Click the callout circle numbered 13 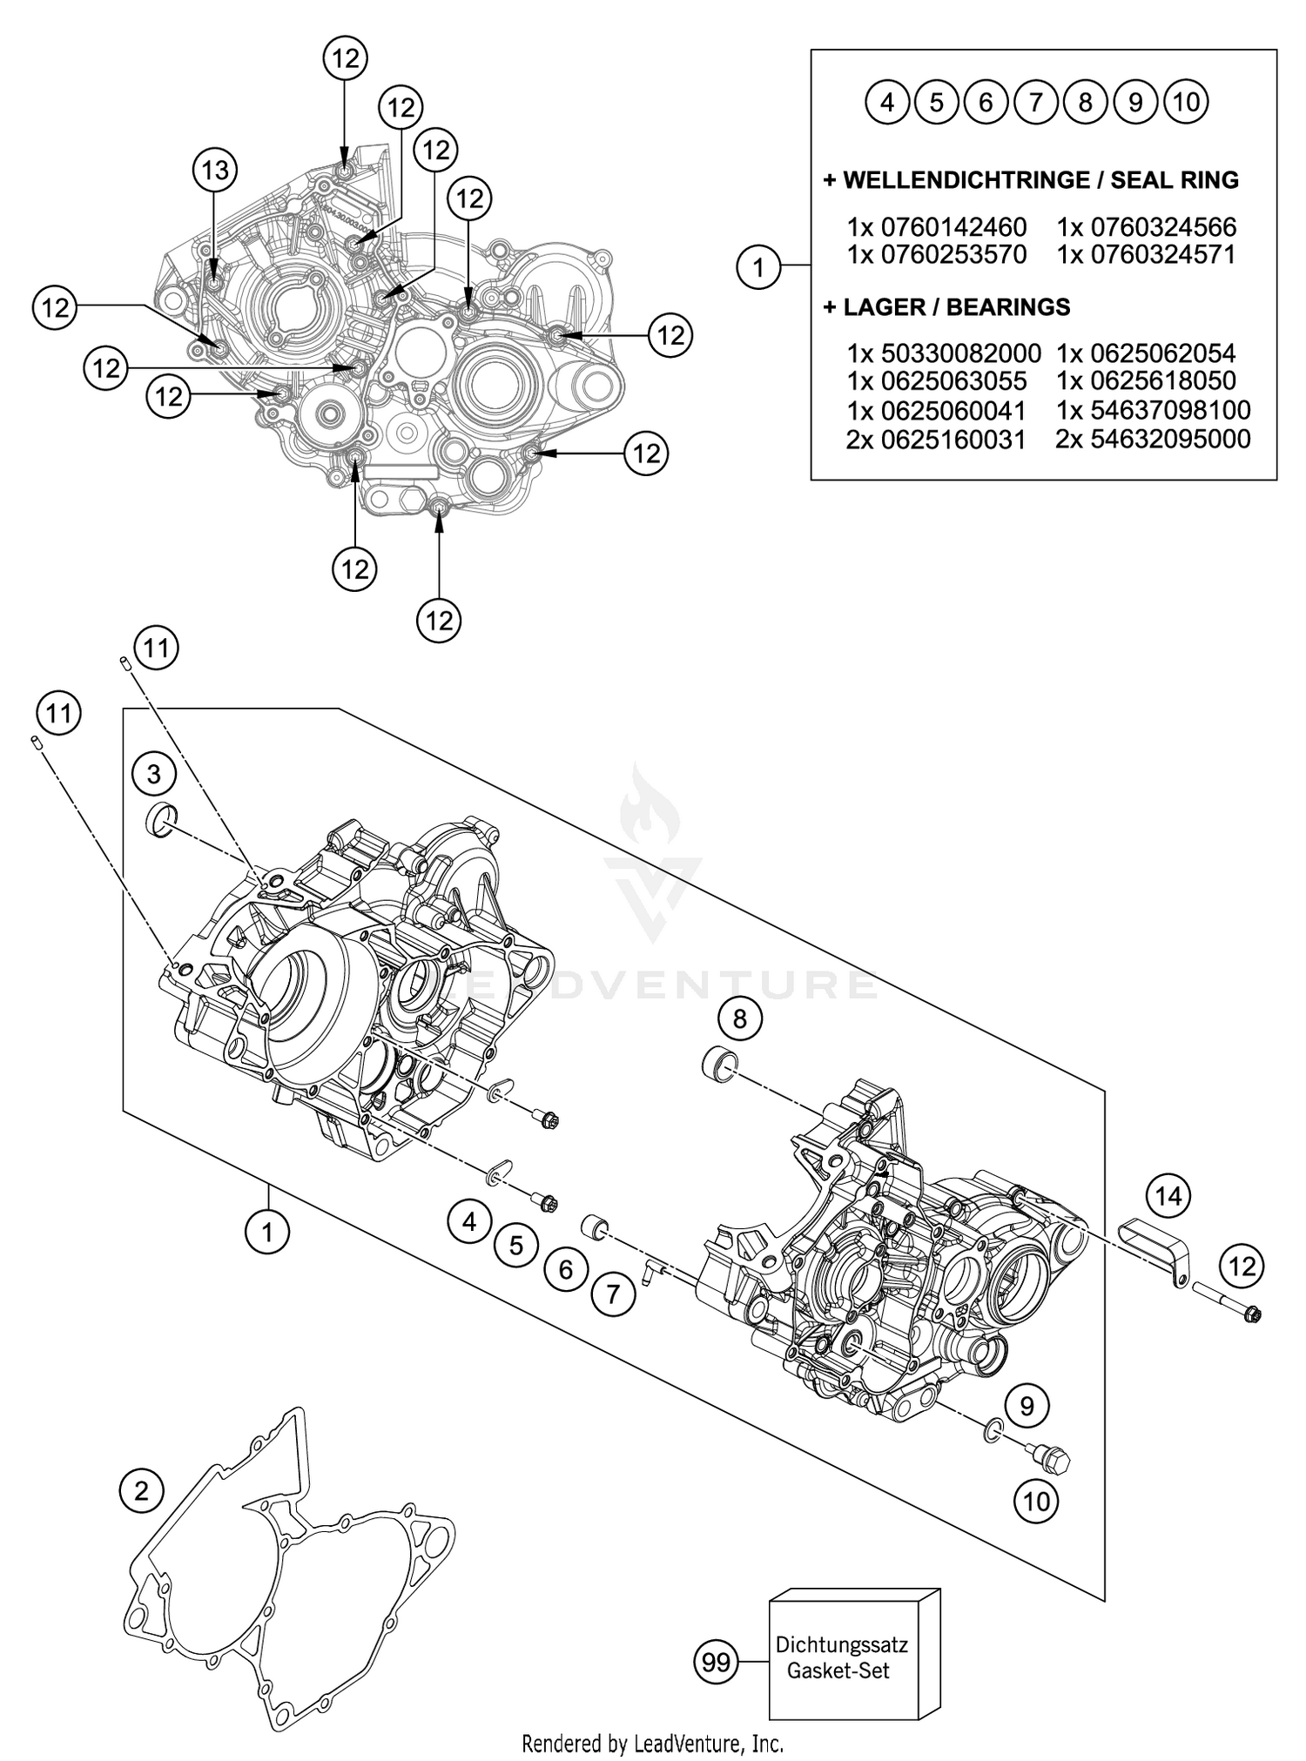215,170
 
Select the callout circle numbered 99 716,1663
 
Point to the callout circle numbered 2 142,1491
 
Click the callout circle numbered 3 154,773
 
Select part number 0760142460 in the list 953,227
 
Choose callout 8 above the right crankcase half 740,1018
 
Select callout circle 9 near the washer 1027,1405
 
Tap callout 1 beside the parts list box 758,267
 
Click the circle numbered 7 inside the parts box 1036,103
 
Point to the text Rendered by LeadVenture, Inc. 652,1743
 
